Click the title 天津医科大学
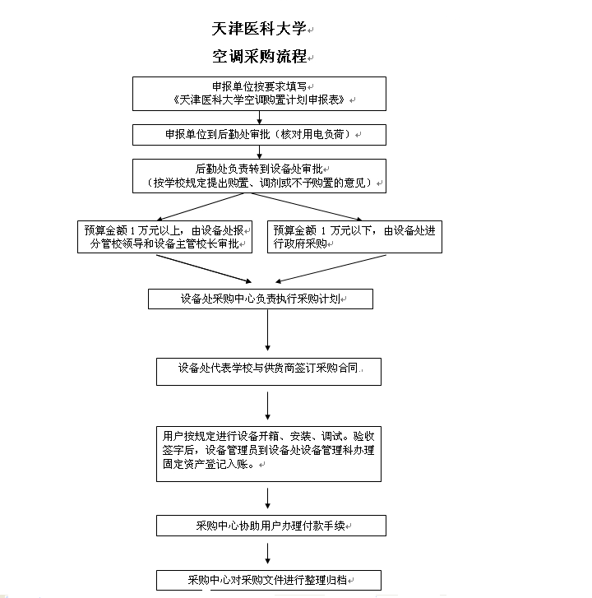click(x=259, y=29)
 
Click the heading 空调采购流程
click(x=259, y=57)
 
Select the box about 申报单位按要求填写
click(x=259, y=94)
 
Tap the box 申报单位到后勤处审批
click(x=259, y=135)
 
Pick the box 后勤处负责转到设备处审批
click(x=259, y=176)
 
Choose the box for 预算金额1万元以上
click(x=164, y=237)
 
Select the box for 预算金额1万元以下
click(x=355, y=237)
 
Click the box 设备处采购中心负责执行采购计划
click(x=261, y=299)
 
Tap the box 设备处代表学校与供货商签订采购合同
click(x=269, y=372)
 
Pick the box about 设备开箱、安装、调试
click(x=269, y=454)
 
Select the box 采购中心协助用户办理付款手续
click(x=271, y=526)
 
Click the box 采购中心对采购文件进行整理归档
click(x=269, y=580)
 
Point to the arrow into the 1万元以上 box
click(x=200, y=206)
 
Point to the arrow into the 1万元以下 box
click(x=307, y=206)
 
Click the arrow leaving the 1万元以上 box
click(x=204, y=269)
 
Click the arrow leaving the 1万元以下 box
click(x=331, y=269)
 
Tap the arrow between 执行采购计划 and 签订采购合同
click(x=267, y=331)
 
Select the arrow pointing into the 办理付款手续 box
click(x=267, y=498)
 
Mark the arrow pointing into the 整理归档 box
click(x=267, y=554)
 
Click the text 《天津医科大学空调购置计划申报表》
click(x=259, y=100)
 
